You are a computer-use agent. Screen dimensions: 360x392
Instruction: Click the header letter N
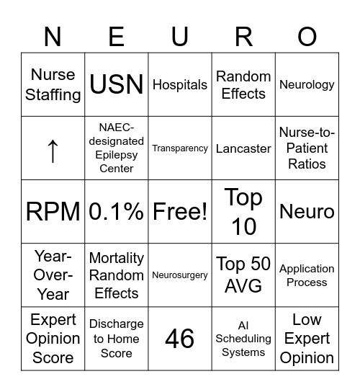[x=53, y=35]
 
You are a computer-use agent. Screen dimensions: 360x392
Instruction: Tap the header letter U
[x=180, y=35]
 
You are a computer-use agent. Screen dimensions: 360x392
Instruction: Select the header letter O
[x=307, y=35]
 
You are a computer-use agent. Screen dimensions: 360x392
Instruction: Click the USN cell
[x=117, y=85]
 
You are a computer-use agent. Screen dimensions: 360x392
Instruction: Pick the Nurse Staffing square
[x=53, y=85]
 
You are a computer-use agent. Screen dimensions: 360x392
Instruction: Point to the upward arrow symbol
[x=53, y=149]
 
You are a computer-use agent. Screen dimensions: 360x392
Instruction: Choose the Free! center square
[x=180, y=212]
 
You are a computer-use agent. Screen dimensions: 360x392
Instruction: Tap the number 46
[x=180, y=339]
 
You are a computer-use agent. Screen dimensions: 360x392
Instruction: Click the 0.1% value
[x=117, y=212]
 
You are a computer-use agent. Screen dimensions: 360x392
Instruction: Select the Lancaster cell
[x=243, y=148]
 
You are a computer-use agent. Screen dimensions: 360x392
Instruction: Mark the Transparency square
[x=180, y=148]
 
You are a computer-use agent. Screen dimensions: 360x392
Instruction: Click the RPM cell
[x=53, y=212]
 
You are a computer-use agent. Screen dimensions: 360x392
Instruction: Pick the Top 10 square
[x=243, y=212]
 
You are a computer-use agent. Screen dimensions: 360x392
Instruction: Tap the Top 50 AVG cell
[x=243, y=275]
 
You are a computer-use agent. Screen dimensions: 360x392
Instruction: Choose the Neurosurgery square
[x=180, y=275]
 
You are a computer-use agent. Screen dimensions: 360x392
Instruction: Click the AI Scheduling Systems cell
[x=243, y=339]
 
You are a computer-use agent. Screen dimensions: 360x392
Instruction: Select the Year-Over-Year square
[x=53, y=275]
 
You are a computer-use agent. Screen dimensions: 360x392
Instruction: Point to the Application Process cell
[x=307, y=275]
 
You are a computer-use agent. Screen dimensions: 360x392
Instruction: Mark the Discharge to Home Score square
[x=117, y=339]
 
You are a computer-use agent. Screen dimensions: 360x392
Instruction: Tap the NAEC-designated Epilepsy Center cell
[x=117, y=148]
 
